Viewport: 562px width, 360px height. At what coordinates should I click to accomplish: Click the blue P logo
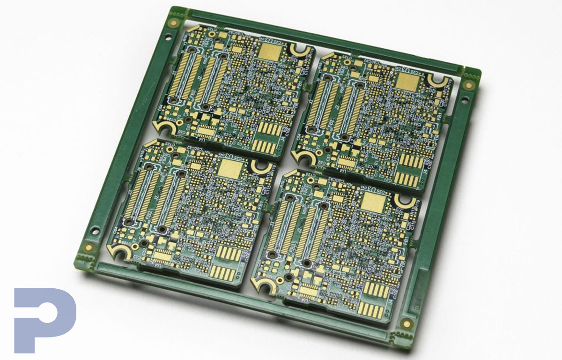tap(44, 319)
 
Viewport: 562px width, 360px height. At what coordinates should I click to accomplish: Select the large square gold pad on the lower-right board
tap(373, 202)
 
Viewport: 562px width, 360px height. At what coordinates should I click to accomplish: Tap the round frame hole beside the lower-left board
tap(95, 230)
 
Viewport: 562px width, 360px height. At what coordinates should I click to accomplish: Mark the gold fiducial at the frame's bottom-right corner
tap(406, 324)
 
